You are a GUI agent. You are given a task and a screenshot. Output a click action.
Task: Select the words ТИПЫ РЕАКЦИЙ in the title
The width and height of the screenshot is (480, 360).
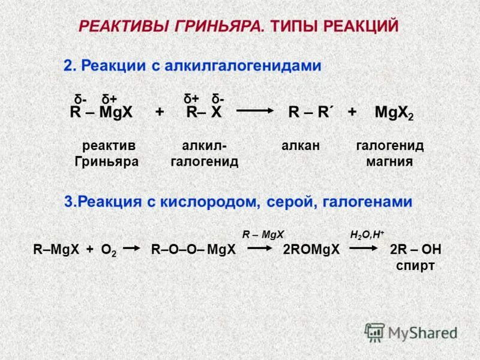[x=335, y=26]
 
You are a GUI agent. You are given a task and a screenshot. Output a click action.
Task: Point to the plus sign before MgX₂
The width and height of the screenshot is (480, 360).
[x=352, y=112]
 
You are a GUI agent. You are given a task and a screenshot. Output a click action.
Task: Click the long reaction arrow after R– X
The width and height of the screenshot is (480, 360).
[x=254, y=110]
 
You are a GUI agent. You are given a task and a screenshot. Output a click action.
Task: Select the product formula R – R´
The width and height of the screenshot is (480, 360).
[x=311, y=112]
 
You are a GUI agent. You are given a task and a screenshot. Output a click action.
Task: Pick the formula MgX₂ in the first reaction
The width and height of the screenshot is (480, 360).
[x=394, y=113]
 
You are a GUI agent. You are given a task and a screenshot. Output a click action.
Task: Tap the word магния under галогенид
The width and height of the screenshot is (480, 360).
[x=389, y=161]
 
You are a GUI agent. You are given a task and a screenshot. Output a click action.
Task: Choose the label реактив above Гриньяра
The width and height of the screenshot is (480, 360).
[x=109, y=146]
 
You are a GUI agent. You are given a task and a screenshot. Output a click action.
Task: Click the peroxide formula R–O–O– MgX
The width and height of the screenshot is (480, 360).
[x=193, y=250]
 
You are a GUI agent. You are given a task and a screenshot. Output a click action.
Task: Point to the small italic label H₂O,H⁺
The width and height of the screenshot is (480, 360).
[x=367, y=234]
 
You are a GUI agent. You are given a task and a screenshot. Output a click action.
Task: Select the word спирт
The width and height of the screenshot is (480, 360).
[x=415, y=266]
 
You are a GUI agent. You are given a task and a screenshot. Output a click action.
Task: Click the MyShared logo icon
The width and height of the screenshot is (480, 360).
[x=375, y=332]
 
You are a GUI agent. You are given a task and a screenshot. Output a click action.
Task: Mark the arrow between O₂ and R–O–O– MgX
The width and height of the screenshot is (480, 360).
[x=133, y=250]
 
